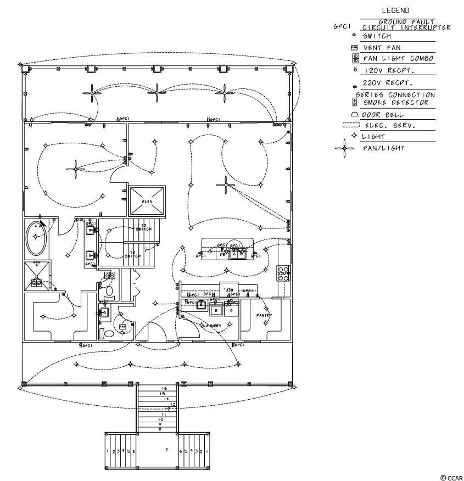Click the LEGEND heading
pos(395,10)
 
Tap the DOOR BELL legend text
pos(382,115)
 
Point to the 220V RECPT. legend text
pos(387,83)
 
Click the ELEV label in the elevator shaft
pos(147,202)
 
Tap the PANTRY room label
pos(264,315)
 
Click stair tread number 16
pos(164,389)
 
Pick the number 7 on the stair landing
pos(166,450)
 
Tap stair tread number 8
pos(160,429)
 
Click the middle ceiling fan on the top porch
pos(158,92)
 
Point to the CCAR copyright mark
pos(451,478)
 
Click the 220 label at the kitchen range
pos(282,273)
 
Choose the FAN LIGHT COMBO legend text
pos(398,58)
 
